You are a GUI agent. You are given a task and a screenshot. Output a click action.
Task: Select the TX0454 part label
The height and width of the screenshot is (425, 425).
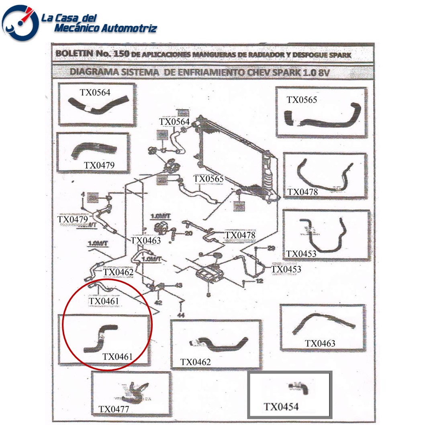click(281, 407)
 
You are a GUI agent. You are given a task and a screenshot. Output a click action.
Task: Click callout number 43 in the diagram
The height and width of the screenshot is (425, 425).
click(179, 285)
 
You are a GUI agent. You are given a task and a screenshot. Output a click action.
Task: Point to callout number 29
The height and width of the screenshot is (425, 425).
click(271, 248)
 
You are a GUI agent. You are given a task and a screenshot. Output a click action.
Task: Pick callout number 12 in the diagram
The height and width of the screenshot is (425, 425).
click(259, 281)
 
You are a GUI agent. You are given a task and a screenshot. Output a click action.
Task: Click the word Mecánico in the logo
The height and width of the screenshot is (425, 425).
click(76, 28)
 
